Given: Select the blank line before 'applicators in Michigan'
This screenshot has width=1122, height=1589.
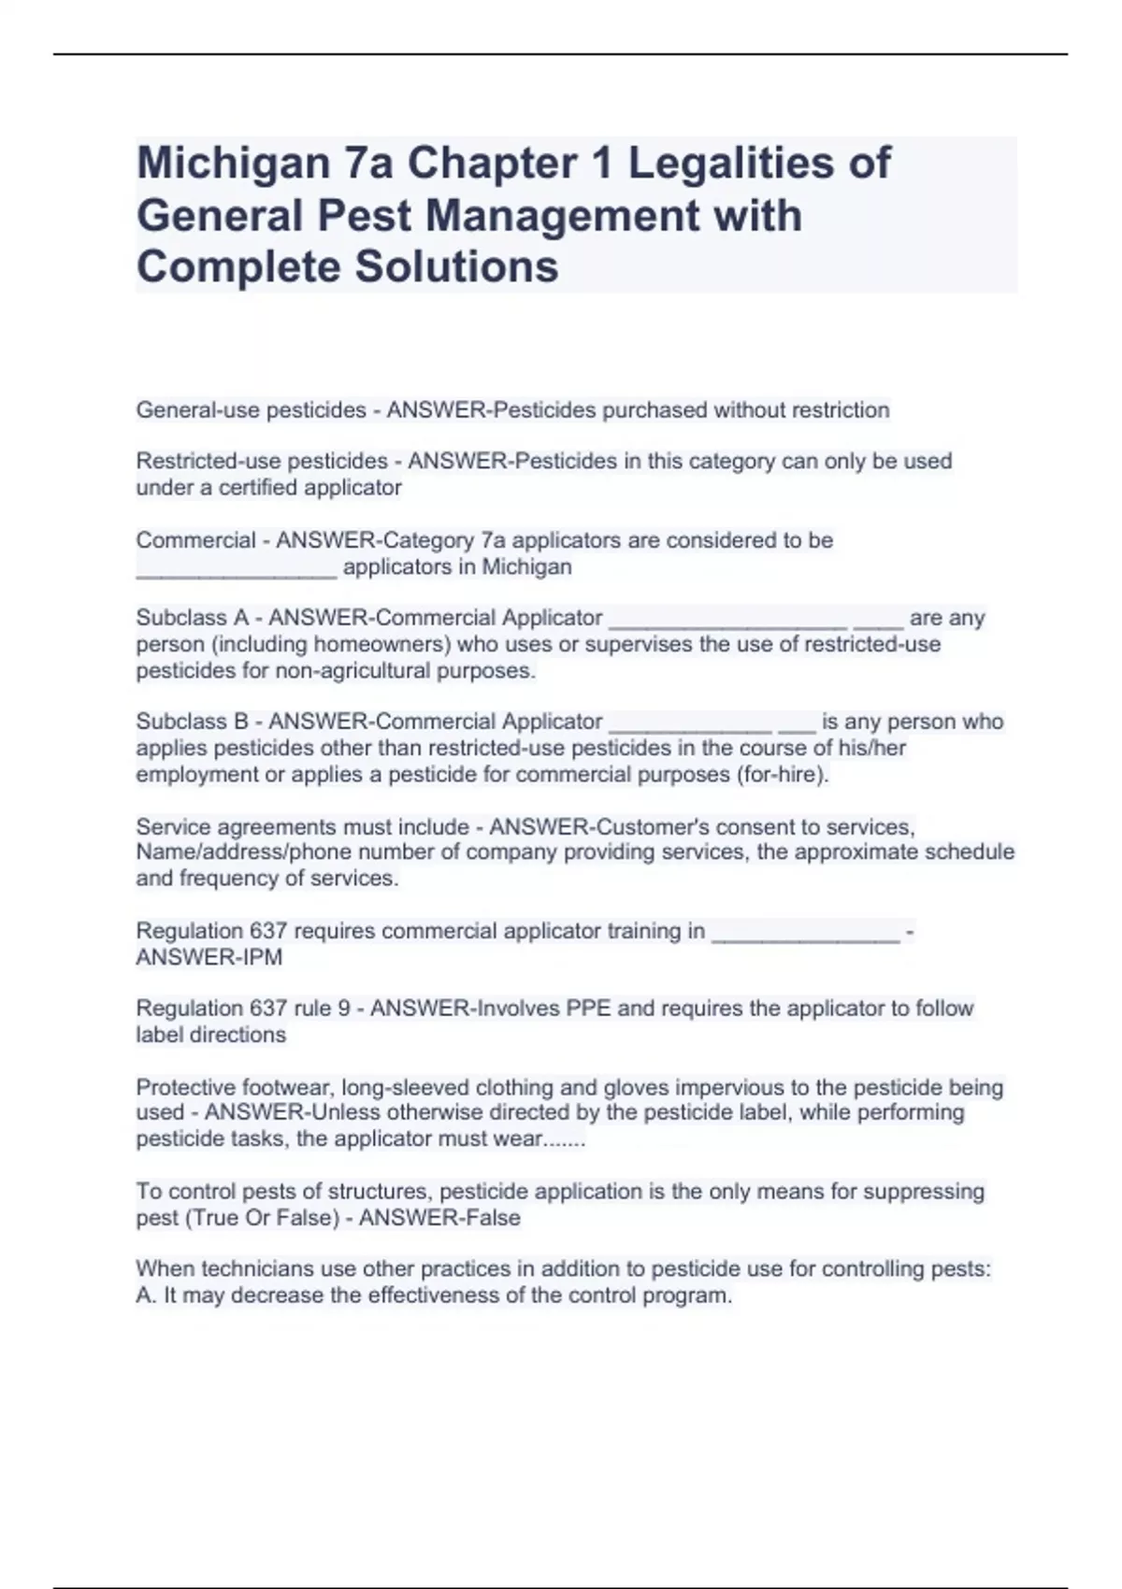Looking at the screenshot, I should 236,568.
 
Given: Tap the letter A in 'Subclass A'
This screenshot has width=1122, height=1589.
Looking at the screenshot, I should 241,618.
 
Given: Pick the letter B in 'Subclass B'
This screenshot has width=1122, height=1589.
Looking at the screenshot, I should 241,722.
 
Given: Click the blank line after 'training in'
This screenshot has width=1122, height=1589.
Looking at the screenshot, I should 805,933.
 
